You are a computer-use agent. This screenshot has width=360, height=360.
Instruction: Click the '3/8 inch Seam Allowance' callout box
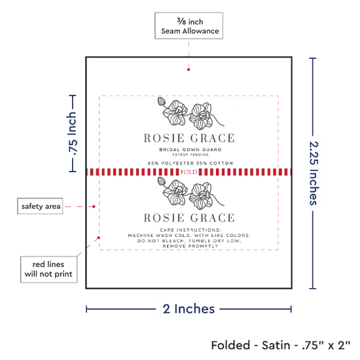tap(189, 26)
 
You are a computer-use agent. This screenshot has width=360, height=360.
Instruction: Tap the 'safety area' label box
tap(40, 206)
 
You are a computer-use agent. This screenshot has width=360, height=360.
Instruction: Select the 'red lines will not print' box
tap(48, 269)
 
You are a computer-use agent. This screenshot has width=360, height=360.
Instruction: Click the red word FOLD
tap(189, 172)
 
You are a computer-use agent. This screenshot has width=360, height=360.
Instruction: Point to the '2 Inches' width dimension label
tap(189, 309)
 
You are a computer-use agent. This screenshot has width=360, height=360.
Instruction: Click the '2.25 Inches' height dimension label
tap(314, 173)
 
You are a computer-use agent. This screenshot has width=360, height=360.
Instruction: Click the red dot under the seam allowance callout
tap(189, 69)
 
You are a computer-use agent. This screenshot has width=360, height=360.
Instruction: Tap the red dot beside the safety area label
tap(94, 207)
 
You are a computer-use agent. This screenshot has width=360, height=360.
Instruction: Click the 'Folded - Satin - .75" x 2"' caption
tap(281, 346)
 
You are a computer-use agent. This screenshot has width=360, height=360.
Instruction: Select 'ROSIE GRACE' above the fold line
tap(189, 138)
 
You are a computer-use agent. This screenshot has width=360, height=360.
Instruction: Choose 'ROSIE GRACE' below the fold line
tap(189, 218)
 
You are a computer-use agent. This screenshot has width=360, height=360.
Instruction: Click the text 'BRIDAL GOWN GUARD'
tap(190, 150)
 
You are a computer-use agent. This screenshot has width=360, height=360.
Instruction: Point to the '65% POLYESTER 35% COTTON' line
tap(190, 163)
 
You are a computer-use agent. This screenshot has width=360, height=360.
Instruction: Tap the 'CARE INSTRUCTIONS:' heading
tap(190, 230)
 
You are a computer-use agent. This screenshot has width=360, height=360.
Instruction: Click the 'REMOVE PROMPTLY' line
tap(190, 246)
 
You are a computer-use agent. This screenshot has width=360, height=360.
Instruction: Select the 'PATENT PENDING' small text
tap(190, 154)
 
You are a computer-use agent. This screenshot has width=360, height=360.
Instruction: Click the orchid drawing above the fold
tap(190, 113)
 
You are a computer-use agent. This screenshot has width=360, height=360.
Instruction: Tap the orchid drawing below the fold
tap(190, 193)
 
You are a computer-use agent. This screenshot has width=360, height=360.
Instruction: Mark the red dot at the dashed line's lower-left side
tap(98, 238)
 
